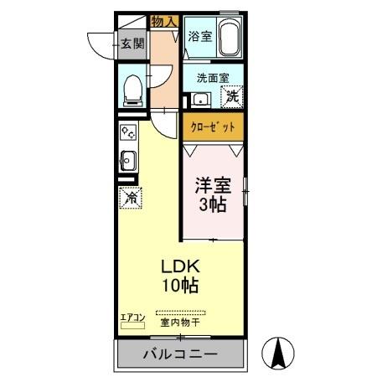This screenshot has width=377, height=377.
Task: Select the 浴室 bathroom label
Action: pos(199,37)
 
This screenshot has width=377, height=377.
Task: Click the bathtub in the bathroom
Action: pos(230,38)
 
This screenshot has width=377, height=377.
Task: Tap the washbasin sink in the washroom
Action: pos(199,100)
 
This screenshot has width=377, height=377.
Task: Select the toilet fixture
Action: pos(132,89)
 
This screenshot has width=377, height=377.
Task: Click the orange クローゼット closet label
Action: pos(214,127)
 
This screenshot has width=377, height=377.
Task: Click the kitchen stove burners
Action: pos(128,132)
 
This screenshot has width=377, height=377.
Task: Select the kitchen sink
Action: pos(128,159)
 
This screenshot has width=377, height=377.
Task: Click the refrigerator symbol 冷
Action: pos(131,199)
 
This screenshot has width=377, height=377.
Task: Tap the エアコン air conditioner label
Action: pos(133,316)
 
